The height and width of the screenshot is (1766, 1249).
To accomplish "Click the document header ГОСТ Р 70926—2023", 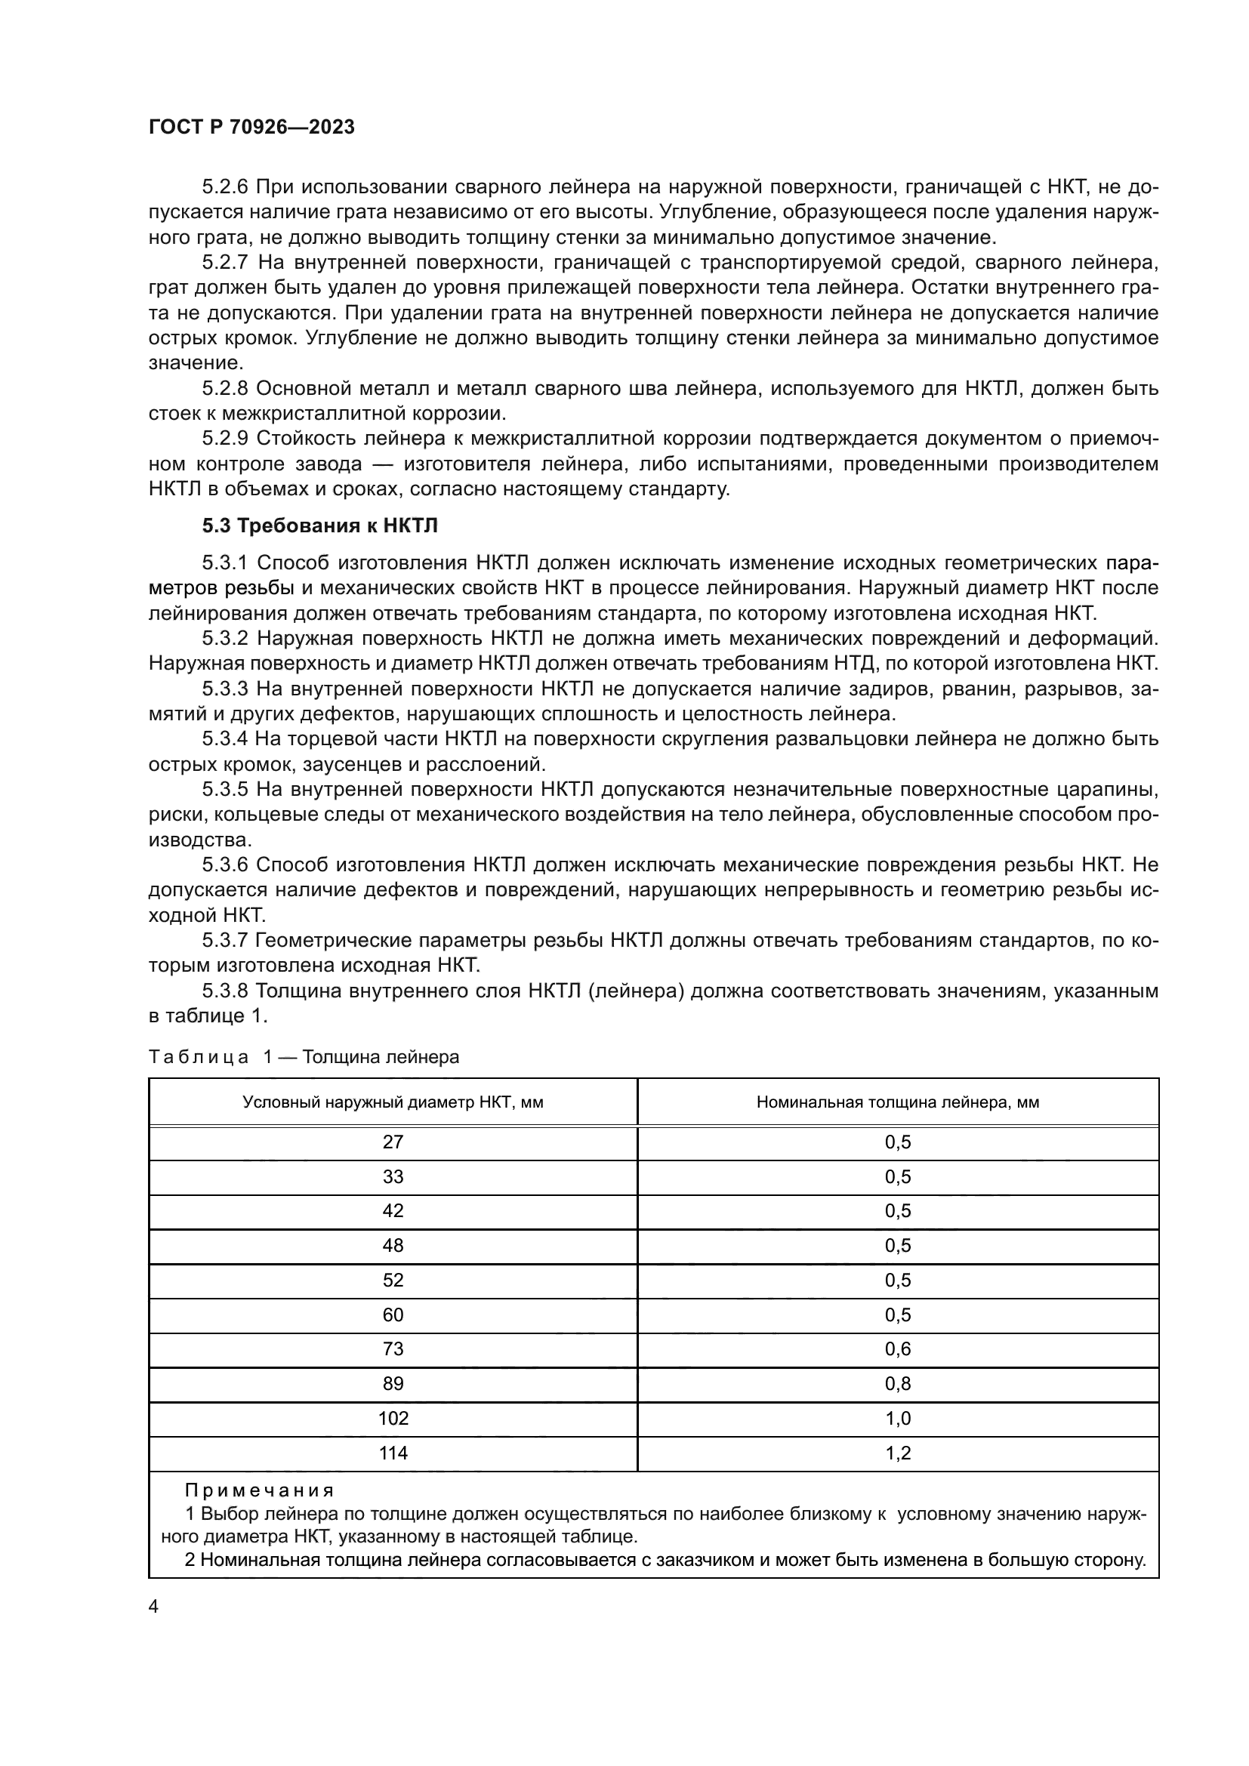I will pyautogui.click(x=251, y=127).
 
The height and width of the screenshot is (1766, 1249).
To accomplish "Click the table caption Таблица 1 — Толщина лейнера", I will pyautogui.click(x=304, y=1057).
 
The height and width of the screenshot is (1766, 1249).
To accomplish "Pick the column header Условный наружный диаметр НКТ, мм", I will pyautogui.click(x=393, y=1102).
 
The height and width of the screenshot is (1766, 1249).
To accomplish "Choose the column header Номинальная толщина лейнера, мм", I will pyautogui.click(x=898, y=1102).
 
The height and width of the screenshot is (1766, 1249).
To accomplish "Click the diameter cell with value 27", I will pyautogui.click(x=393, y=1142).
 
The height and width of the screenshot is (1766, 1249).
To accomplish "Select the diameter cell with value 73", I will pyautogui.click(x=393, y=1349).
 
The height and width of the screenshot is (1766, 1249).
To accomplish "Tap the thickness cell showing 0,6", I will pyautogui.click(x=898, y=1349).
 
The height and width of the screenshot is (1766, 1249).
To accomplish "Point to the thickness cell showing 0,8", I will pyautogui.click(x=898, y=1384).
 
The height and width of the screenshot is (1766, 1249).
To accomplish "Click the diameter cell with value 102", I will pyautogui.click(x=393, y=1419).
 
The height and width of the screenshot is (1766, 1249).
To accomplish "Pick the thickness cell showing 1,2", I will pyautogui.click(x=898, y=1453).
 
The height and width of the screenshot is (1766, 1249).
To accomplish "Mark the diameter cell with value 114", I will pyautogui.click(x=393, y=1453).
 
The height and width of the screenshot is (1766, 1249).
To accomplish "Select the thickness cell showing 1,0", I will pyautogui.click(x=898, y=1419).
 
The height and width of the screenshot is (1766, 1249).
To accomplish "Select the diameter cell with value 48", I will pyautogui.click(x=393, y=1245).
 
